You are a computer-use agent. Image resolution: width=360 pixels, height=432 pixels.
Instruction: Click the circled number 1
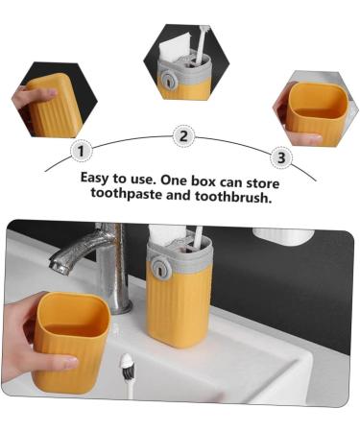point(82,151)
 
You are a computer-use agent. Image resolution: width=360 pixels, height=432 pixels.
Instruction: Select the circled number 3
point(281,156)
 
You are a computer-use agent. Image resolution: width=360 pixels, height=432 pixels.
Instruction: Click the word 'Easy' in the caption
point(98,178)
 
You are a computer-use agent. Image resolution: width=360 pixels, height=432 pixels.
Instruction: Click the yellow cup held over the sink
point(72,342)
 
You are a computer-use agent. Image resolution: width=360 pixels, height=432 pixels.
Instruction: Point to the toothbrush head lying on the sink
point(126,364)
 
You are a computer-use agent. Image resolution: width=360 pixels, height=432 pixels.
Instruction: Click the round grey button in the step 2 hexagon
point(169,82)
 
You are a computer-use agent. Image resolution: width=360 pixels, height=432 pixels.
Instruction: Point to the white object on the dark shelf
point(282,235)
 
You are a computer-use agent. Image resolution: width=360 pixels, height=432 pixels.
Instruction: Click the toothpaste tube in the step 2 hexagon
point(178,48)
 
